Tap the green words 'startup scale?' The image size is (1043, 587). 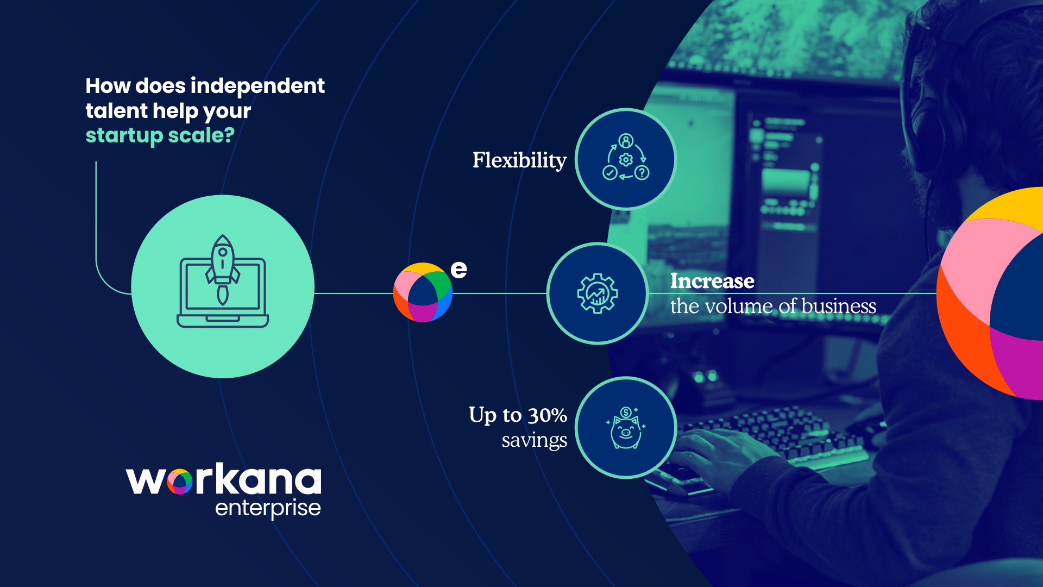click(160, 136)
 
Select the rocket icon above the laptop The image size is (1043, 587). click(222, 268)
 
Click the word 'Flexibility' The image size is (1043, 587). click(519, 160)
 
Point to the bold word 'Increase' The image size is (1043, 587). click(712, 281)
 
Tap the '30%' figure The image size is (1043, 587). click(548, 416)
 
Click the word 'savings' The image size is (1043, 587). click(535, 441)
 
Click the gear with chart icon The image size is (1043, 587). click(598, 293)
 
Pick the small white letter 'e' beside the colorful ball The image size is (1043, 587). click(459, 270)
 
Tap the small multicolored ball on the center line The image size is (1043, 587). click(423, 292)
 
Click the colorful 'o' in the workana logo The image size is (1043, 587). click(180, 482)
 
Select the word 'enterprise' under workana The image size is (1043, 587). click(268, 509)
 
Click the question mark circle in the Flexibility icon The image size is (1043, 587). click(642, 173)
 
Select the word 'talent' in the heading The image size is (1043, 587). click(116, 111)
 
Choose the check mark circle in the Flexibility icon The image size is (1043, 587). click(610, 173)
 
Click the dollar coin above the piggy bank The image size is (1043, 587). click(626, 412)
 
